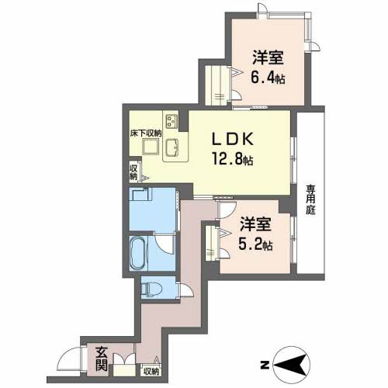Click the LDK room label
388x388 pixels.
tap(233, 139)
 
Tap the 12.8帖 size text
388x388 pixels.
tap(233, 158)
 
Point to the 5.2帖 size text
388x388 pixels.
tap(255, 244)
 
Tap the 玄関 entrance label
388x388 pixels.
tap(102, 359)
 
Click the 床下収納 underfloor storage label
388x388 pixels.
tap(146, 133)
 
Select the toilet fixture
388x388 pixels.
tap(152, 288)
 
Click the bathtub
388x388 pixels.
tap(139, 253)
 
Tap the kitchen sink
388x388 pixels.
tap(171, 147)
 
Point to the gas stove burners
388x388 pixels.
tap(171, 121)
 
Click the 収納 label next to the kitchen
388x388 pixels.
tap(133, 172)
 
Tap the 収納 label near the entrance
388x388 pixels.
tap(151, 372)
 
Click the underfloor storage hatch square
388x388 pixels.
tap(151, 147)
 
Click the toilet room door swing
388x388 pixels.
tap(187, 289)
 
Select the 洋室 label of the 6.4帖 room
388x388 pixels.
tap(268, 57)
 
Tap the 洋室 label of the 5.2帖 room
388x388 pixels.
tap(255, 224)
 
